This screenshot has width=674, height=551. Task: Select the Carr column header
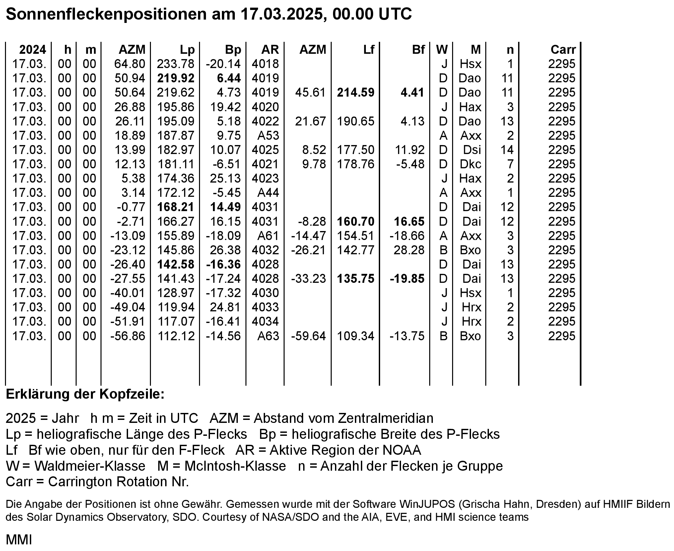point(563,50)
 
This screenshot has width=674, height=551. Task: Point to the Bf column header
point(418,50)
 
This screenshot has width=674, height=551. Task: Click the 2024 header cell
point(33,50)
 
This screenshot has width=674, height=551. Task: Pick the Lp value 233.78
point(175,64)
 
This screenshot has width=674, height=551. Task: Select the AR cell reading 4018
point(265,64)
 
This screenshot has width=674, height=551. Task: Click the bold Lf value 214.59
point(356,93)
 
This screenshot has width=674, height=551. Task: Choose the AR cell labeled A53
point(268,136)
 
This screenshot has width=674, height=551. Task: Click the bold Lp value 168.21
point(175,207)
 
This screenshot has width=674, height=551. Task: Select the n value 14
point(507,150)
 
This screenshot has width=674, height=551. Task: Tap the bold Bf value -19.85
point(407,279)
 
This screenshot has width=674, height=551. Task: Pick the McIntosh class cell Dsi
point(472,150)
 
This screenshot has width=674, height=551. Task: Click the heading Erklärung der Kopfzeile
point(85,394)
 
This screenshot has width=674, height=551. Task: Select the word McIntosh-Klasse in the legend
point(235,466)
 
